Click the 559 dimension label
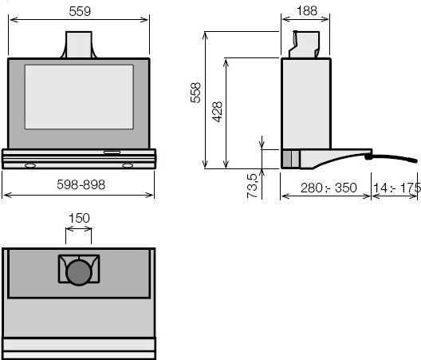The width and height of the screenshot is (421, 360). (x=80, y=11)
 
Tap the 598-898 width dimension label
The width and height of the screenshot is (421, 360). (x=81, y=184)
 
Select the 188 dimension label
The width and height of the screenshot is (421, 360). (x=307, y=10)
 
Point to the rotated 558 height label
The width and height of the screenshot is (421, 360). (x=195, y=93)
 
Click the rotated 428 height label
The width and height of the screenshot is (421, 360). (x=217, y=112)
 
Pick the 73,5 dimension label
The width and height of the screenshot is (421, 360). (x=252, y=186)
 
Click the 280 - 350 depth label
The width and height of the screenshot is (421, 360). (x=329, y=188)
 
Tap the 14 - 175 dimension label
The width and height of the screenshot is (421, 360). (x=397, y=188)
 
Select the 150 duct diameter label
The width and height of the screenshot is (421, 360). (x=79, y=218)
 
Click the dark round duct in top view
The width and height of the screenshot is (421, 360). (x=79, y=272)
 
